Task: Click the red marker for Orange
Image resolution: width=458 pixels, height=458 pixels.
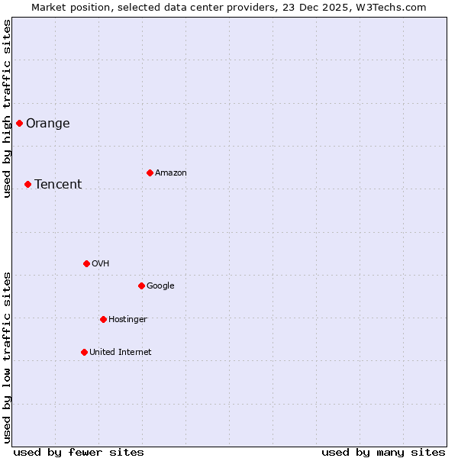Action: coord(19,123)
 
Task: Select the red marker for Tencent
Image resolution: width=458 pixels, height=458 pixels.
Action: coord(27,184)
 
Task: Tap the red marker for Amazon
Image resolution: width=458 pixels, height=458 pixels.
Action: coord(150,173)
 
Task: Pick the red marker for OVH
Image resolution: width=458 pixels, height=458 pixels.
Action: coord(86,263)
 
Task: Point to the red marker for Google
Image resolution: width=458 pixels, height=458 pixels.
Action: coord(141,285)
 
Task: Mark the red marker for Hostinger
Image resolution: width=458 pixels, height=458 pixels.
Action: coord(103,319)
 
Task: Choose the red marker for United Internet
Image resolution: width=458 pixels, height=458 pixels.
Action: coord(84,352)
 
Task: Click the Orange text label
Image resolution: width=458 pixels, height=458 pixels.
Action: coord(48,124)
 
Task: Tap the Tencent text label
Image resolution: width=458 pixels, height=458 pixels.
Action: coord(58,185)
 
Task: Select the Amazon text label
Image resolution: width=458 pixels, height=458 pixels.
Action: coord(171,173)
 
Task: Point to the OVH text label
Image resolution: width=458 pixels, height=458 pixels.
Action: coord(101,264)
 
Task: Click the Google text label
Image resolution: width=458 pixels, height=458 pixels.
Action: coord(160,286)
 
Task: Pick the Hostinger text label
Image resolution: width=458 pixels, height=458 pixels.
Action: coord(127,320)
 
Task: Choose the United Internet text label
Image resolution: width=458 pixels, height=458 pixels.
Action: coord(121,353)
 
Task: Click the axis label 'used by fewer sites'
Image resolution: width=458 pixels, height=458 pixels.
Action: coord(79,452)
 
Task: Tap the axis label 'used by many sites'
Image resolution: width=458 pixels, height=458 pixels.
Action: coord(383,452)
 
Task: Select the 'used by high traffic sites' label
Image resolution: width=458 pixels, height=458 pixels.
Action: coord(7,108)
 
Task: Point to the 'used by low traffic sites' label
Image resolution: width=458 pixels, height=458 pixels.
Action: coord(7,357)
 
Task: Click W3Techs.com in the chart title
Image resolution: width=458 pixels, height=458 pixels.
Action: coord(393,7)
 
